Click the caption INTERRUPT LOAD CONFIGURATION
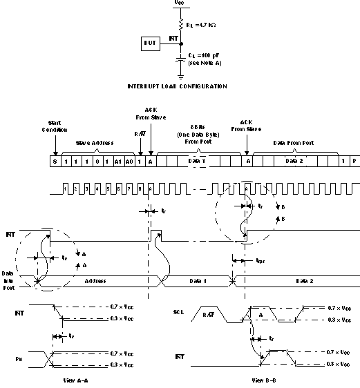tap(178, 86)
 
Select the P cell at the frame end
tap(354, 160)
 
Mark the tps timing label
tap(259, 262)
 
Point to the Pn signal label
tap(19, 360)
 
